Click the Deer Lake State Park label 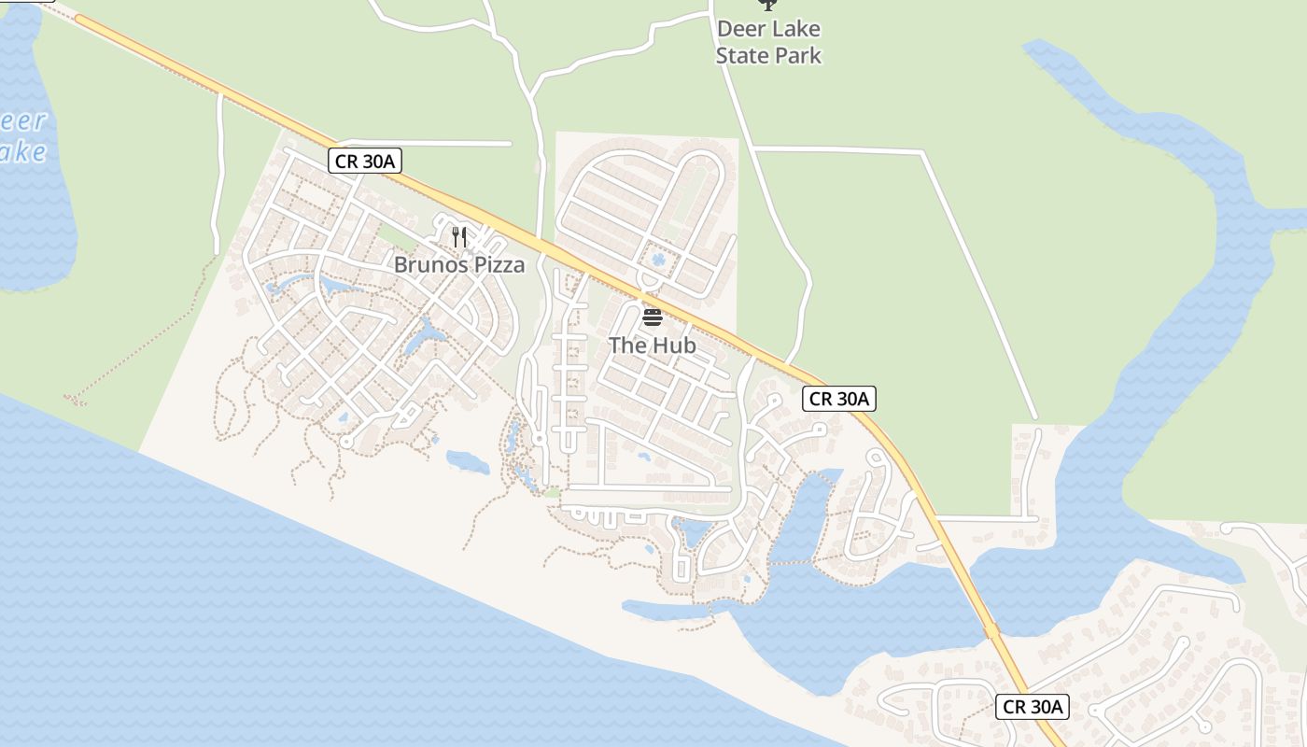768,42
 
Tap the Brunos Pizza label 458,265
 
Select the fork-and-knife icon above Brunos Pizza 458,236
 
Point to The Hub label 653,345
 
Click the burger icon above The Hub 653,317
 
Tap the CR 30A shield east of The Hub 839,399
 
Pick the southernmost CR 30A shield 1032,707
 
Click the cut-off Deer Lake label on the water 21,136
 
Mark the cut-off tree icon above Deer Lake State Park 767,5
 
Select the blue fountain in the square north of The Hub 658,259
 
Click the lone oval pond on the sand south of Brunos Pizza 468,461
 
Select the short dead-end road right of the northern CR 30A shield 457,144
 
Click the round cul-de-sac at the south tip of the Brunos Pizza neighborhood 346,443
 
